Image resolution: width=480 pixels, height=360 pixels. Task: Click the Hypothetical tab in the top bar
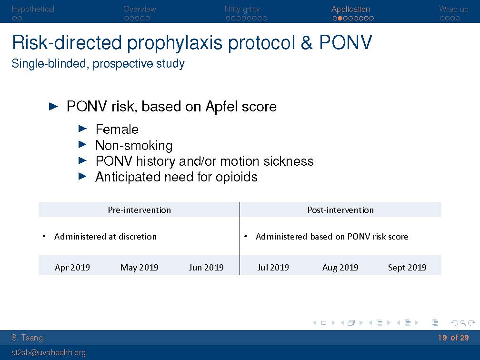33,9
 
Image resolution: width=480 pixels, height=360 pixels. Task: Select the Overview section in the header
140,9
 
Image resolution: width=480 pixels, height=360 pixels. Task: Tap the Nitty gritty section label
242,10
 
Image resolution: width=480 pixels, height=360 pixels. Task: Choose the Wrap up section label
453,10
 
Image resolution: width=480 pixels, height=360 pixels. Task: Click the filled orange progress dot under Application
340,19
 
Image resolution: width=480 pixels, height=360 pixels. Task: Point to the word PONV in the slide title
346,42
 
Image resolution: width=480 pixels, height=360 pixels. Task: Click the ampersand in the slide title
307,42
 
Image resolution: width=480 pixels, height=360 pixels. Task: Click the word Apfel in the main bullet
221,107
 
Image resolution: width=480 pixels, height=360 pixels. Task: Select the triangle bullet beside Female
83,129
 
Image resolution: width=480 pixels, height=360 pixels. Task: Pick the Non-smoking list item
134,145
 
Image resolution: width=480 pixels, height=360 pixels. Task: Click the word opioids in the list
236,177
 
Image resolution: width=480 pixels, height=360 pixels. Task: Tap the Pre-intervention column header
139,210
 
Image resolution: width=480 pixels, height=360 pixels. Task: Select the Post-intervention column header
340,210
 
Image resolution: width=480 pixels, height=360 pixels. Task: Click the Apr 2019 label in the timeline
72,268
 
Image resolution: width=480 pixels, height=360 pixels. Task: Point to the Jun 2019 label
206,268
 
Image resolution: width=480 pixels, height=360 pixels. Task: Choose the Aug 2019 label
340,268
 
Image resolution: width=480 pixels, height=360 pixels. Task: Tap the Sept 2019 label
408,268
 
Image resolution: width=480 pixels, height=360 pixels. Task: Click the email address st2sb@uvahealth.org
49,353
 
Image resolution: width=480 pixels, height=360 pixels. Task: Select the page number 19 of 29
453,338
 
